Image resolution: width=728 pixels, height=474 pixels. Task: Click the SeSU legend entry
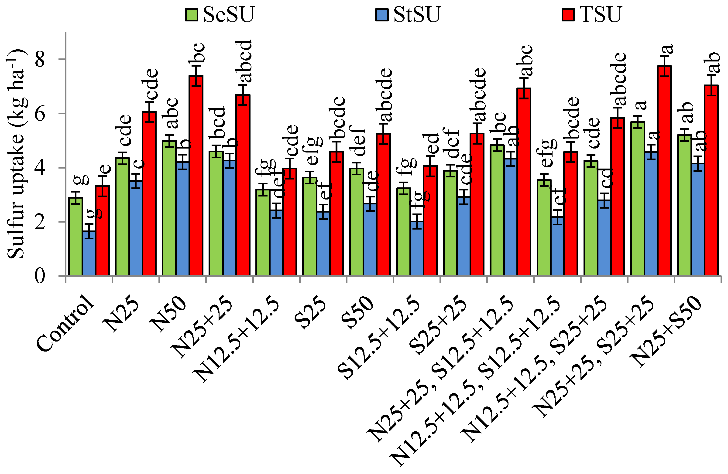pos(220,14)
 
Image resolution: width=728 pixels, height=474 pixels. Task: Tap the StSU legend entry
pos(408,14)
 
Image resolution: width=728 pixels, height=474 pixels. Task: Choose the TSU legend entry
pos(592,14)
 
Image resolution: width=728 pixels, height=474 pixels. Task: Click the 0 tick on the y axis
pos(40,276)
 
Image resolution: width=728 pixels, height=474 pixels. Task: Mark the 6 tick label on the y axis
pos(40,114)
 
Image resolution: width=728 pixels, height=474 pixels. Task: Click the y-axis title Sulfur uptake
pos(17,153)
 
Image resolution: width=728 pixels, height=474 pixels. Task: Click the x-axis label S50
pos(358,312)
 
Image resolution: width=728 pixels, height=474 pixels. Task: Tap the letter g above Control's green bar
pos(81,180)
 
